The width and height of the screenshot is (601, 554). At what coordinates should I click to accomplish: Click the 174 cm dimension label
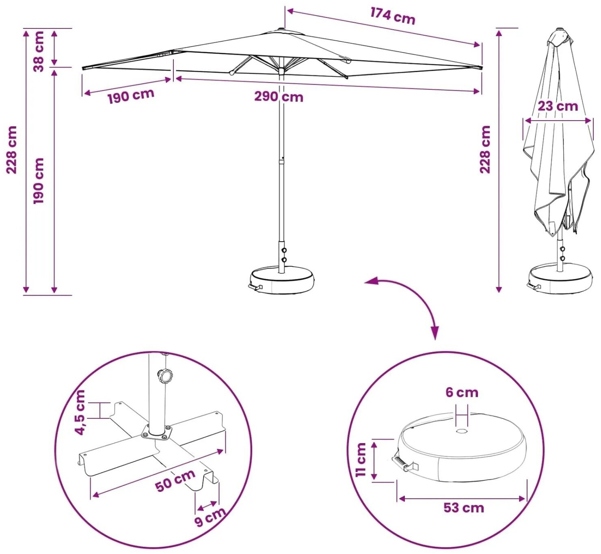point(393,16)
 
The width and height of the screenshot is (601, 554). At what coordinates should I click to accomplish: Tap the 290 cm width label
point(279,97)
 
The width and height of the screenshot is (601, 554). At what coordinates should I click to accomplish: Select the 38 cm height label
point(39,51)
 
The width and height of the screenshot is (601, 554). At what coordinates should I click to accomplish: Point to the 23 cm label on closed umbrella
point(558,106)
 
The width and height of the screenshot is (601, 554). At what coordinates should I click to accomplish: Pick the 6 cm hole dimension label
point(462,392)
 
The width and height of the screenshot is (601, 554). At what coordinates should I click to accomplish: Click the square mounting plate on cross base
point(157,434)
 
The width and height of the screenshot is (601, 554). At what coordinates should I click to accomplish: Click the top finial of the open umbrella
point(281,29)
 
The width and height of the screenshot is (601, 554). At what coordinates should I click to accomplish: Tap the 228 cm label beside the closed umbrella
point(485,149)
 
